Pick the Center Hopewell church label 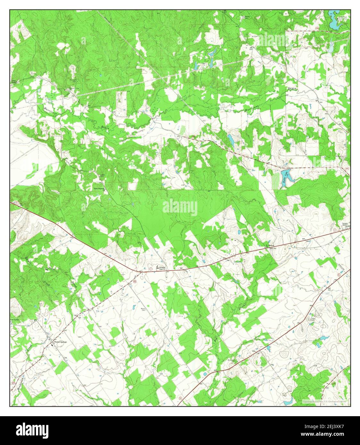pos(99,189)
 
